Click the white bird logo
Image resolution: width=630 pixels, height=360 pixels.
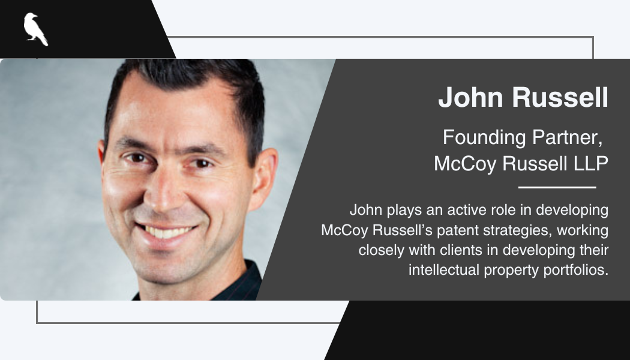tap(36, 29)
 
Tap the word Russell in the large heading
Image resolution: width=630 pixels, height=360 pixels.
tap(560, 97)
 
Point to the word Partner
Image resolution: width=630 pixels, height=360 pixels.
tap(567, 137)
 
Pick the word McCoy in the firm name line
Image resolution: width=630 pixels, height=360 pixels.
tap(465, 164)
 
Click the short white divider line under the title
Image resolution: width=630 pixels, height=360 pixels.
tap(557, 187)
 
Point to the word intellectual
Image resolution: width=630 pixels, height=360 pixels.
tap(444, 269)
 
